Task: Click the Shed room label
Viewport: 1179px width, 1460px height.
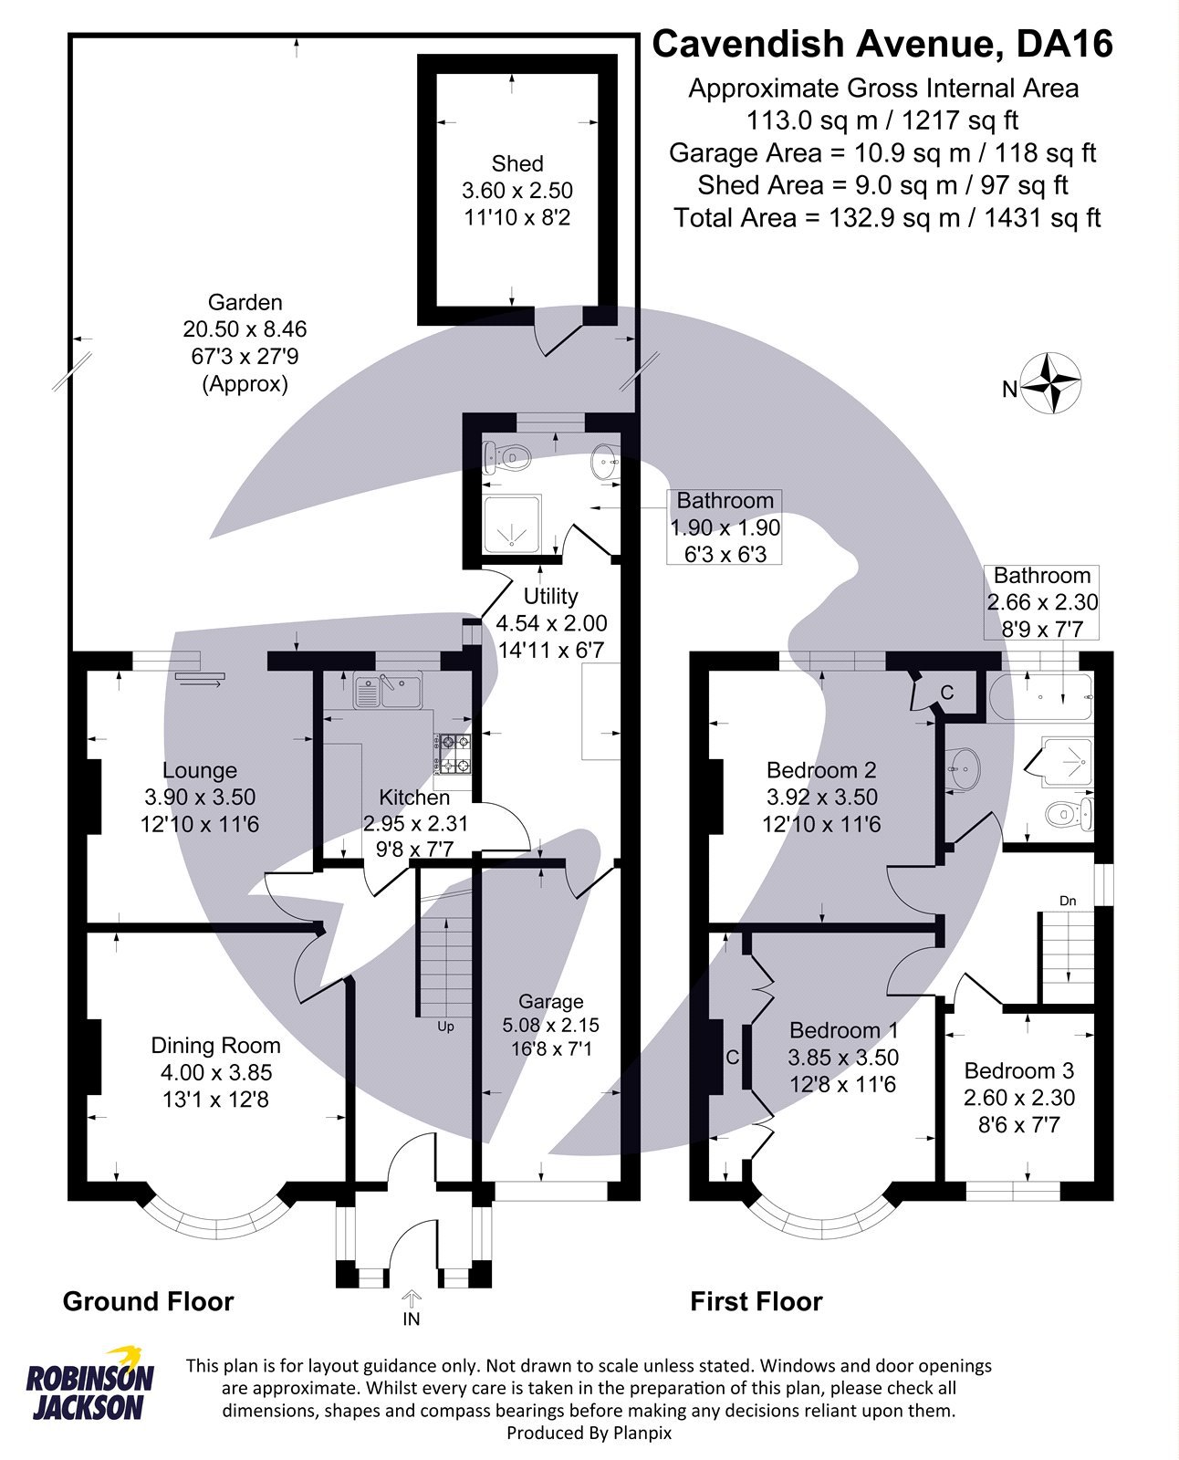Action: [516, 164]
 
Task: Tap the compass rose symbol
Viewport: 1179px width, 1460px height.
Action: [1050, 383]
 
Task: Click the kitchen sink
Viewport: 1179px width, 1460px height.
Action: [387, 691]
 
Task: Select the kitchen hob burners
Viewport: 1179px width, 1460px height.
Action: [454, 754]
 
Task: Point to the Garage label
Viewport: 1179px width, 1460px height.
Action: [550, 1001]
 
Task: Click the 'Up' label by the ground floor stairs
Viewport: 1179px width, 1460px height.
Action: [445, 1027]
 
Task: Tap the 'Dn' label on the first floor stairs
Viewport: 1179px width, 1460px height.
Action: [1067, 901]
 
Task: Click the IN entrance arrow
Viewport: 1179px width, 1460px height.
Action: [412, 1298]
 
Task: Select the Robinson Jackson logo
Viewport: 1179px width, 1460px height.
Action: [89, 1385]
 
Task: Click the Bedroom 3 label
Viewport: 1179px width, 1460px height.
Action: [1018, 1070]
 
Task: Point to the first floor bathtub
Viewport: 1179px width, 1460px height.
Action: [1041, 699]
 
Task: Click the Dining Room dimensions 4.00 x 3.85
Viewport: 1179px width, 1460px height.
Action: [216, 1073]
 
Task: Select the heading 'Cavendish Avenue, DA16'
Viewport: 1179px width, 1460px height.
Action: [882, 43]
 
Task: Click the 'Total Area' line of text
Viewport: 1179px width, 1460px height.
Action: [886, 218]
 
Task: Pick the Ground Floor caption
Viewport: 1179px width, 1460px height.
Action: [148, 1301]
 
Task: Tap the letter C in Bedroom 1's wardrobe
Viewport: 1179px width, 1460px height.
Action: [732, 1058]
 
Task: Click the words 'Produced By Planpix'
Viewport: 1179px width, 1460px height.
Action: [589, 1433]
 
